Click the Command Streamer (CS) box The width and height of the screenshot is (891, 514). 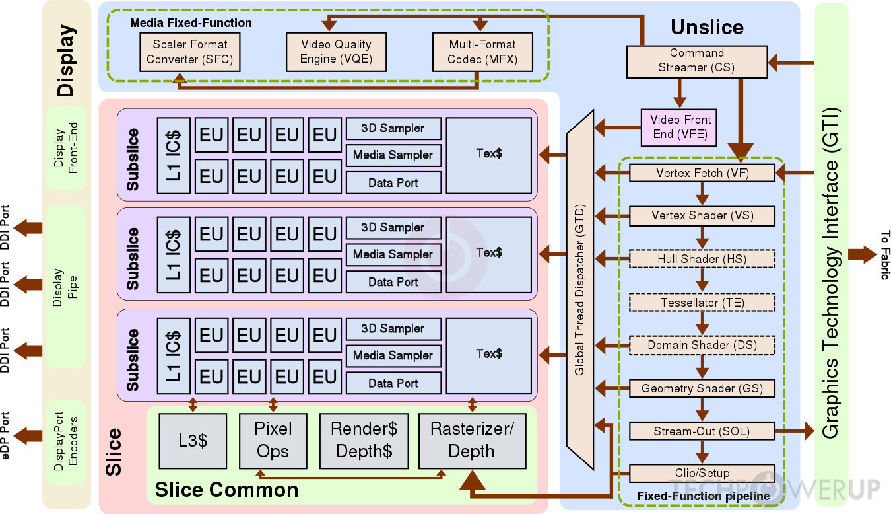pyautogui.click(x=696, y=60)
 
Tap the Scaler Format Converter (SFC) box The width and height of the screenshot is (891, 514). pyautogui.click(x=190, y=52)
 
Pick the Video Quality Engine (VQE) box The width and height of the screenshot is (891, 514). pyautogui.click(x=336, y=52)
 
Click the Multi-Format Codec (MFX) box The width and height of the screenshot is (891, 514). pyautogui.click(x=482, y=52)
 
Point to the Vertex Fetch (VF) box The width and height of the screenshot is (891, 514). pyautogui.click(x=702, y=173)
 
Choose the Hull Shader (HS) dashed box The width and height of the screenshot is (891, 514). pyautogui.click(x=702, y=258)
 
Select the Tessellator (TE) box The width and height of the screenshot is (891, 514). pyautogui.click(x=702, y=303)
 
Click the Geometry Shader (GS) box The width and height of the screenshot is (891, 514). pyautogui.click(x=702, y=388)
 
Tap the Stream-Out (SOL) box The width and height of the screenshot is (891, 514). pyautogui.click(x=702, y=431)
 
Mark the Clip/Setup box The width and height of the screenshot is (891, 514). pyautogui.click(x=702, y=473)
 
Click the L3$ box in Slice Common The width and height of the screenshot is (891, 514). pyautogui.click(x=193, y=441)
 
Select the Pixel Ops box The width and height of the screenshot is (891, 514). pyautogui.click(x=273, y=441)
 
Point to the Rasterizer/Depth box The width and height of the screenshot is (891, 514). pyautogui.click(x=472, y=441)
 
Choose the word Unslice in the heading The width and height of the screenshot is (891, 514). pyautogui.click(x=707, y=27)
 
